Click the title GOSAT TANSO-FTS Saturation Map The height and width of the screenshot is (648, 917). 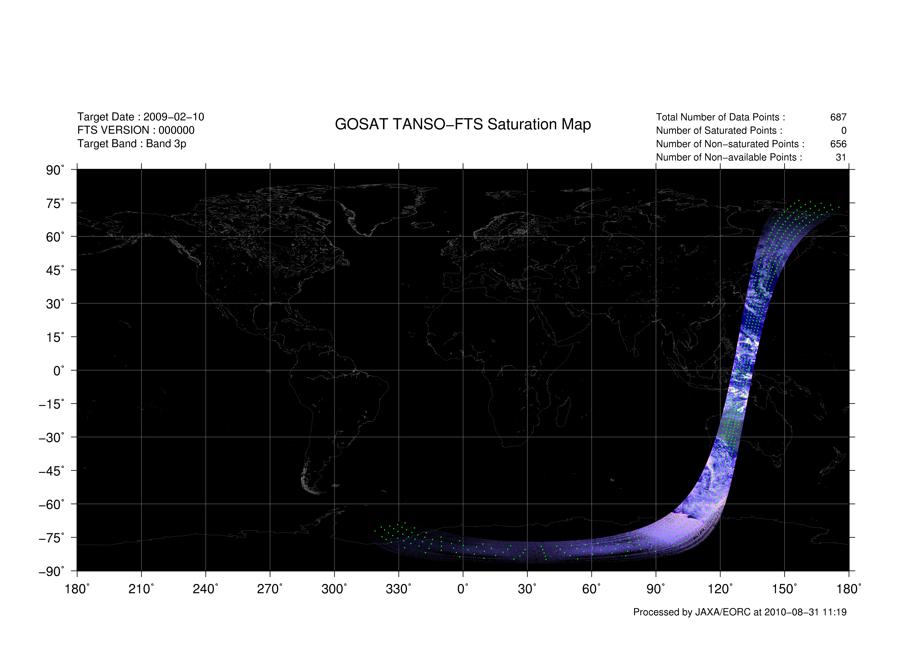click(x=463, y=124)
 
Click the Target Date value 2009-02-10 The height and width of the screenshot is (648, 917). click(x=174, y=117)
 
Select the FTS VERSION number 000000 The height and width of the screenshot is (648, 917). click(x=177, y=130)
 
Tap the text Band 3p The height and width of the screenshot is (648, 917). click(x=166, y=144)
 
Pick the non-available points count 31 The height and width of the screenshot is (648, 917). click(x=841, y=157)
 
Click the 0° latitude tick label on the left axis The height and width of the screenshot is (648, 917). click(x=59, y=371)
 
